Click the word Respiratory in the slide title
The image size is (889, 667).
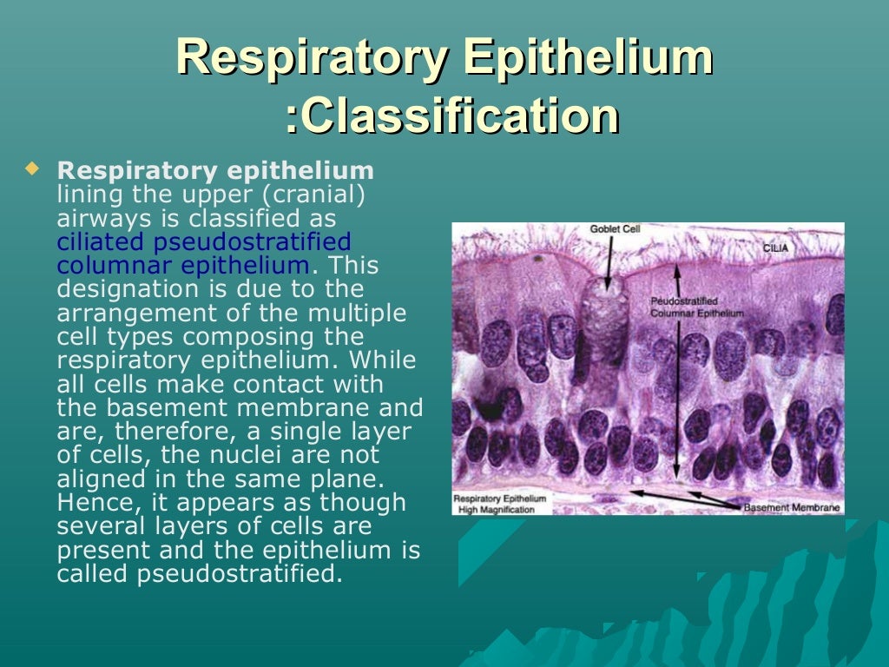(x=312, y=59)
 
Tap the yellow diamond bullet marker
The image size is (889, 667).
(x=33, y=168)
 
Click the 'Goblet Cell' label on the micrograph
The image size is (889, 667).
(x=615, y=229)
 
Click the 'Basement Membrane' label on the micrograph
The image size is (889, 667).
(x=792, y=506)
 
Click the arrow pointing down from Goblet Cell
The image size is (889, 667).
(x=608, y=261)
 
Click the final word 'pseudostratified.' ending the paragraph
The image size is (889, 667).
(x=235, y=574)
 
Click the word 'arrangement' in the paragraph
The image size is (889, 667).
(x=135, y=313)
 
